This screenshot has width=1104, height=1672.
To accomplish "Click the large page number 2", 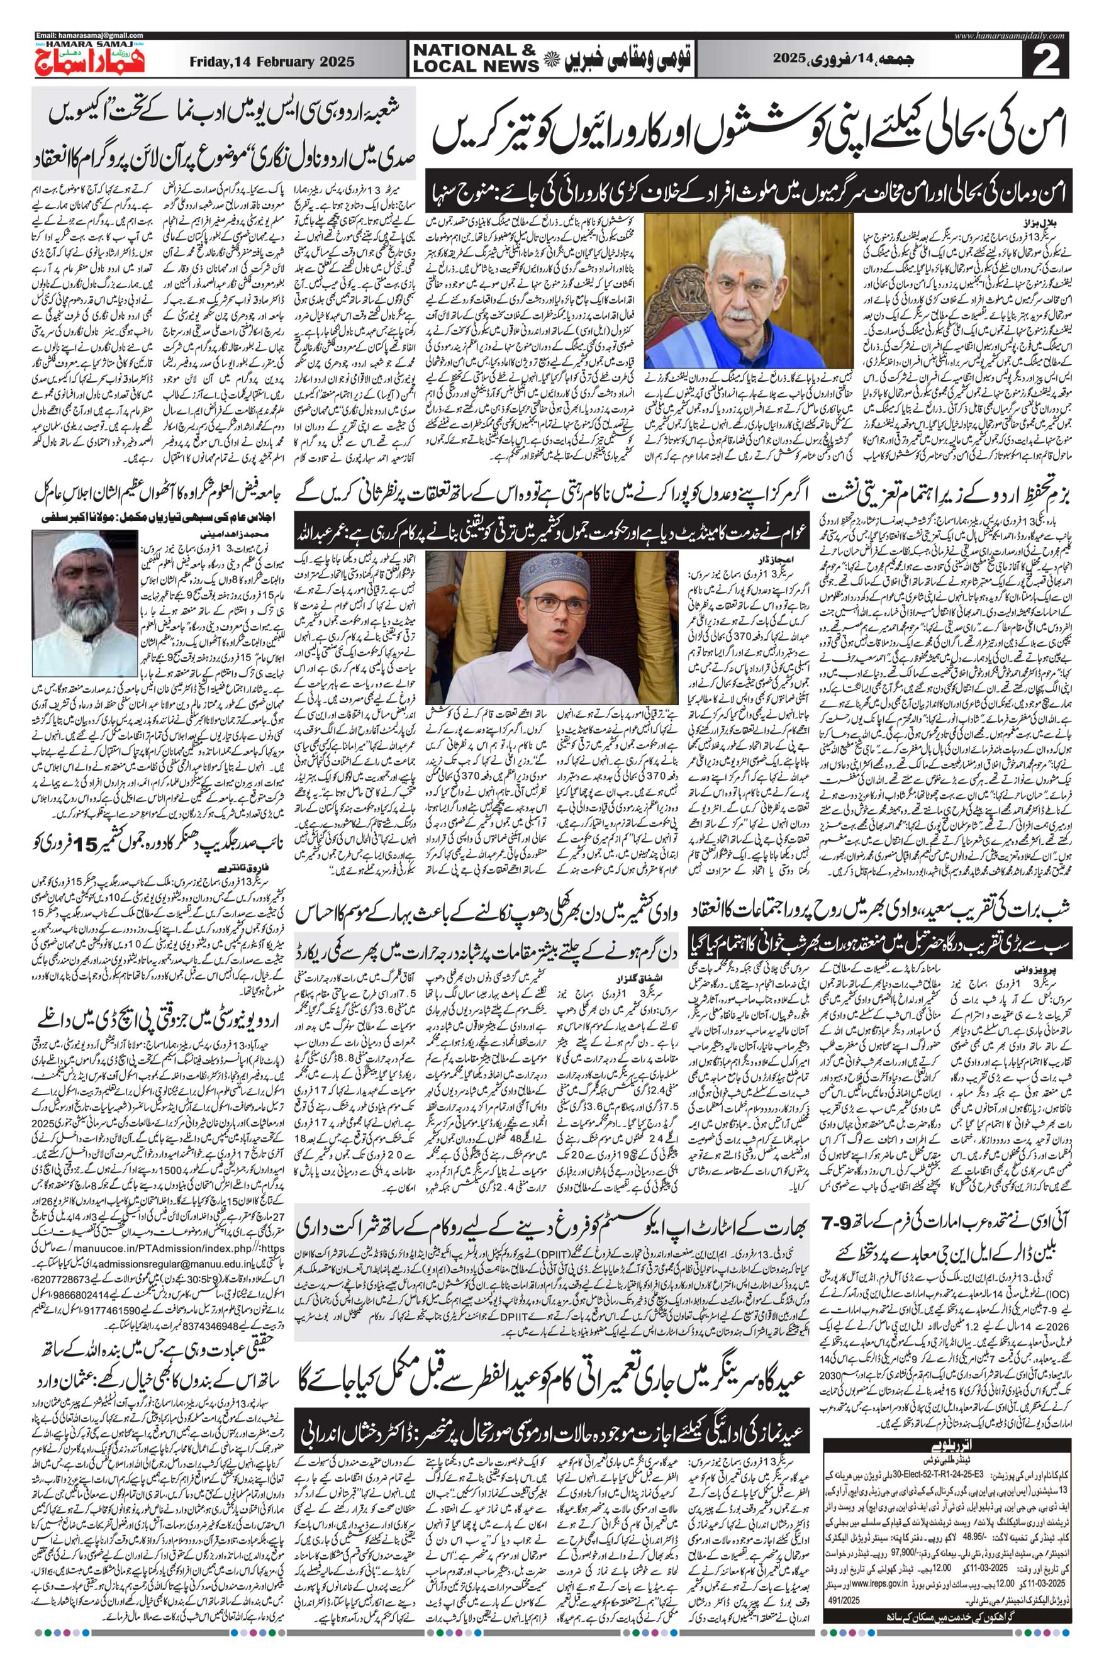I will (1054, 60).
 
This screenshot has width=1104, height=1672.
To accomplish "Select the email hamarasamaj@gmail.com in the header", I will (89, 35).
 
